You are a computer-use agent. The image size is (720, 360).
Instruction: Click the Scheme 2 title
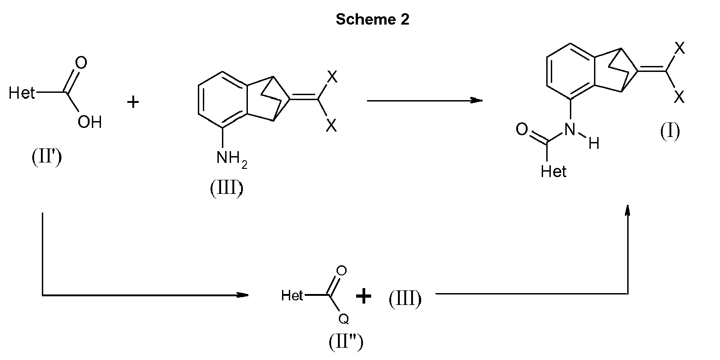(373, 19)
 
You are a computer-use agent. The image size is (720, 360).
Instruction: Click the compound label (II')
(46, 157)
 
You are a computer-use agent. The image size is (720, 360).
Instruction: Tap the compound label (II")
(346, 341)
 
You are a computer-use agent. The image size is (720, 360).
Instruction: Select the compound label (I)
(670, 131)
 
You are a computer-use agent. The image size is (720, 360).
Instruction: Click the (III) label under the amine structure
(227, 188)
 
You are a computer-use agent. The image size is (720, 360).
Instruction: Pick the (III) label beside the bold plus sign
(405, 298)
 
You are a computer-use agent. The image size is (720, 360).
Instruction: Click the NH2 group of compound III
(232, 158)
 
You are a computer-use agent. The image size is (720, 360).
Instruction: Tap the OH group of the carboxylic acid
(90, 122)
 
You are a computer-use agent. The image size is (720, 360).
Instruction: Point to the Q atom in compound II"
(343, 319)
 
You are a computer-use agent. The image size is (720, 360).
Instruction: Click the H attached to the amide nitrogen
(594, 143)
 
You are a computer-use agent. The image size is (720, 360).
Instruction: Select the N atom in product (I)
(570, 129)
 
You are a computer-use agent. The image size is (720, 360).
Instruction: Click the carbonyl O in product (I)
(522, 129)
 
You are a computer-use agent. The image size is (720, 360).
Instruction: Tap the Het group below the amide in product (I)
(553, 172)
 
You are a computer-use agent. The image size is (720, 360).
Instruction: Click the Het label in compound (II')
(21, 93)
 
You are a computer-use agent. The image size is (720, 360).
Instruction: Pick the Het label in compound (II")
(292, 295)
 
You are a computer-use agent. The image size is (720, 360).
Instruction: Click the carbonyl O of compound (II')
(81, 63)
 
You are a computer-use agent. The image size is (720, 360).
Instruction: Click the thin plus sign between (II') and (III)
(133, 102)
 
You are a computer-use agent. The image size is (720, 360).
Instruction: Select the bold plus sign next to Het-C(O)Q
(363, 296)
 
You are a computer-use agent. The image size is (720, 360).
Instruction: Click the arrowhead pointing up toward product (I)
(628, 211)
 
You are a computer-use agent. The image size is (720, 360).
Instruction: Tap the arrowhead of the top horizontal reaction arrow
(476, 101)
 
